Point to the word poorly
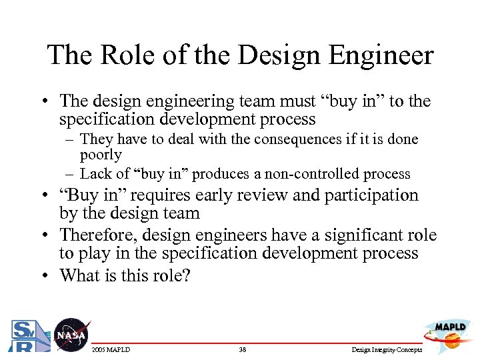pyautogui.click(x=101, y=156)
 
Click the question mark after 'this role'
pyautogui.click(x=186, y=275)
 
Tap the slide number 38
pyautogui.click(x=242, y=350)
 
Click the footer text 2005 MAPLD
pyautogui.click(x=111, y=350)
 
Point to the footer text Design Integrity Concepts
pyautogui.click(x=386, y=350)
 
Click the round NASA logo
pyautogui.click(x=71, y=335)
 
